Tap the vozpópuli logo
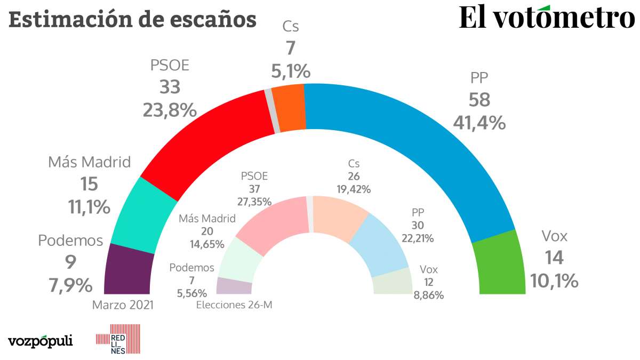click(x=41, y=340)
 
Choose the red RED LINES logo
click(x=117, y=339)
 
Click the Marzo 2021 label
click(x=123, y=305)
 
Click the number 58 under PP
click(x=479, y=100)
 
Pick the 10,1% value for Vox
click(x=554, y=280)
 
